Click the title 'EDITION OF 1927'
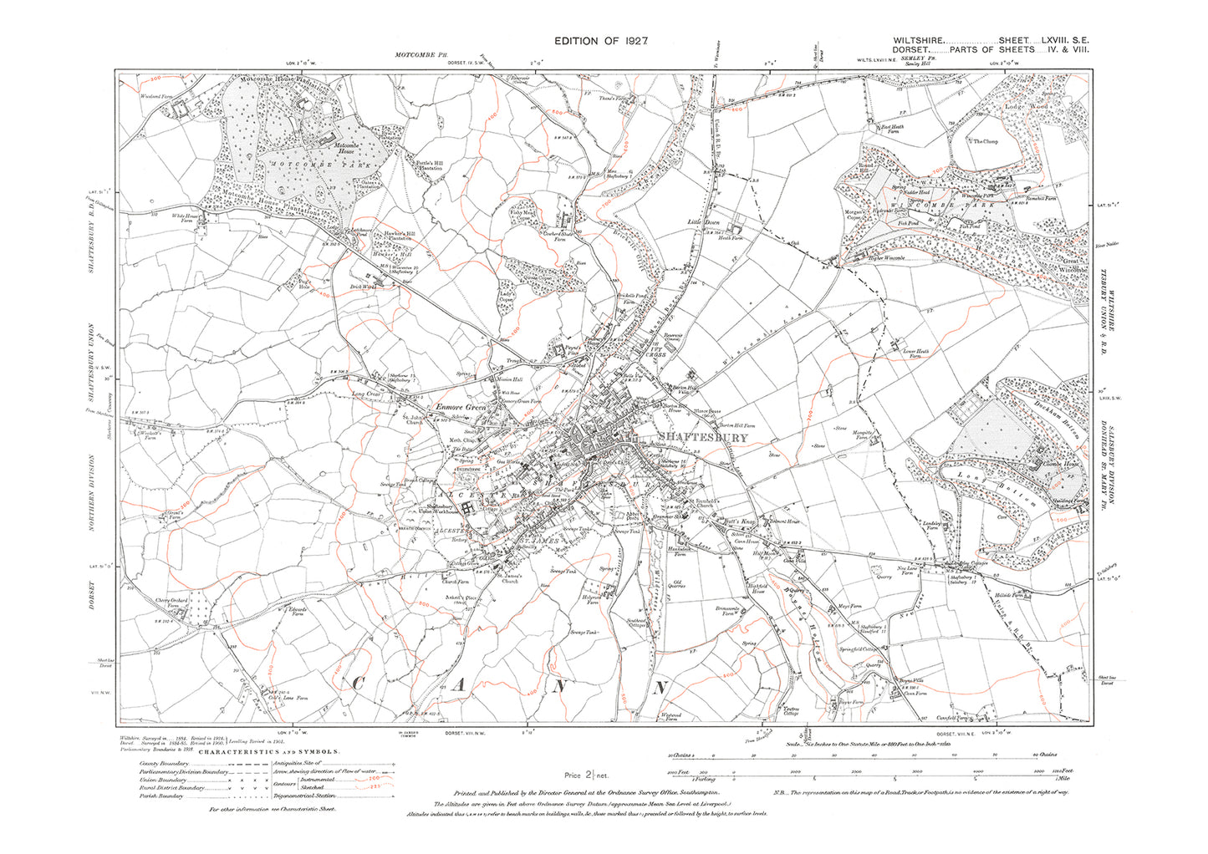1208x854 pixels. click(601, 41)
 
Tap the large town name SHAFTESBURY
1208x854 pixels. click(698, 436)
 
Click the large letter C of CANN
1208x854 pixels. click(357, 686)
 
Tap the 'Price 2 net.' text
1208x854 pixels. click(589, 775)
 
